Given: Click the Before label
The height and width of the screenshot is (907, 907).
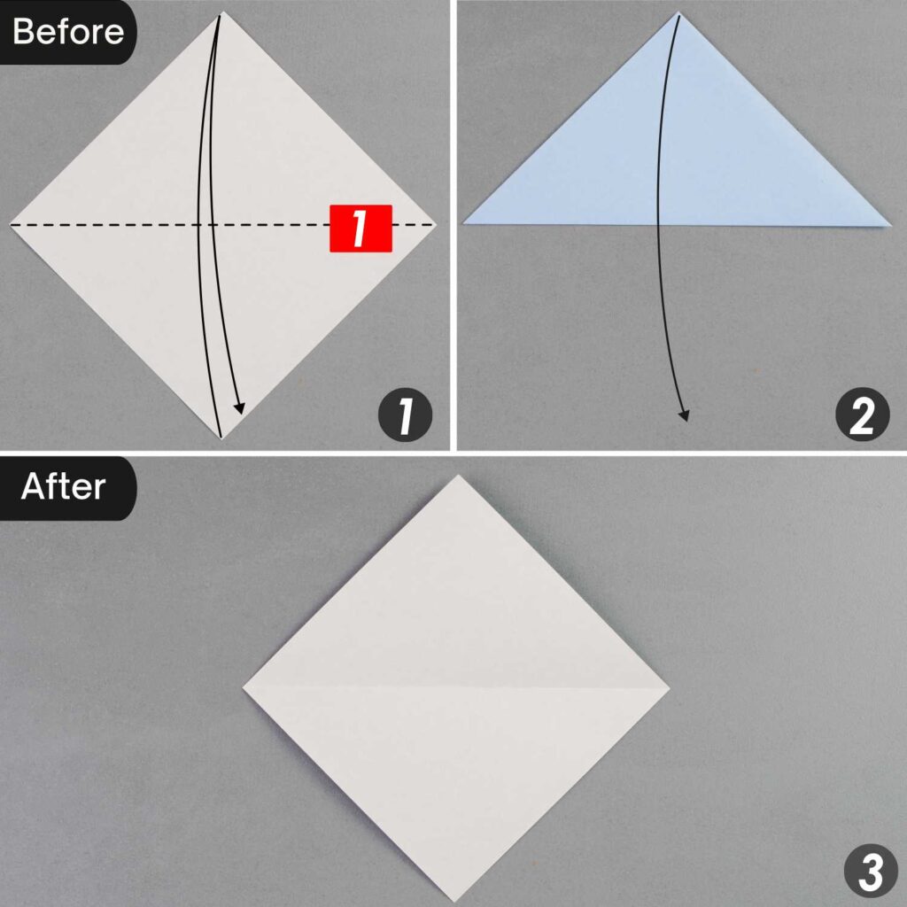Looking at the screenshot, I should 67,32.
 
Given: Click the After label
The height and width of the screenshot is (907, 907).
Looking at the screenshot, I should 64,487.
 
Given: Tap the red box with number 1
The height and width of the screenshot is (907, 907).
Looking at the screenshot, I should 360,229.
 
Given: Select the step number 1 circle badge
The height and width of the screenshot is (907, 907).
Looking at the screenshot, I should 405,416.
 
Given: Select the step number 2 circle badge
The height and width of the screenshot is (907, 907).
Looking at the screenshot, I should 862,416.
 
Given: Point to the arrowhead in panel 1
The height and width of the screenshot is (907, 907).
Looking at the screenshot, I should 238,408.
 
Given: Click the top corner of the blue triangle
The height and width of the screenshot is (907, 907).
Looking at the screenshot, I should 679,13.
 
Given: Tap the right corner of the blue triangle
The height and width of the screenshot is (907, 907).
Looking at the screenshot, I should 890,224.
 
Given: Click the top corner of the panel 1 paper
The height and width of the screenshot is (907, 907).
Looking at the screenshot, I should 221,13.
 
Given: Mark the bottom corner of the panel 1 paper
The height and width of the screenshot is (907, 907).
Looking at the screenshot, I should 220,438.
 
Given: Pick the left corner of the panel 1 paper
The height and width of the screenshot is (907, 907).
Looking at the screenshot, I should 11,225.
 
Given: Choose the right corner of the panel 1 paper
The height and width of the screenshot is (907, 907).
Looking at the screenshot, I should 437,225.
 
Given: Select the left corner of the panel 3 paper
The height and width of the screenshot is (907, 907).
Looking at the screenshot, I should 244,687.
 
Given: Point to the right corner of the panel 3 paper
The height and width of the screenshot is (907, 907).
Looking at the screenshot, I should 669,689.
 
